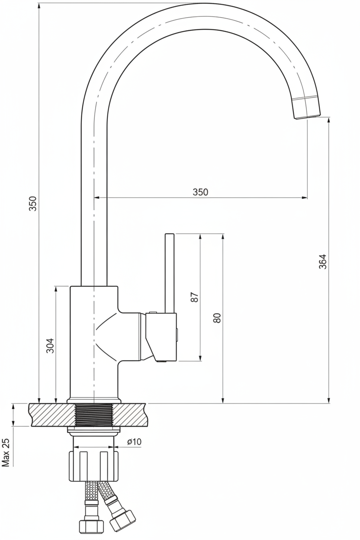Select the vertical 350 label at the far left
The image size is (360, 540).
[x=32, y=203]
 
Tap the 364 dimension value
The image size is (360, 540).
[x=322, y=261]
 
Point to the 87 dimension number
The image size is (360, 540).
[x=194, y=297]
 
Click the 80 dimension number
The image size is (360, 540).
[x=217, y=318]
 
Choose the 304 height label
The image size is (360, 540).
[x=50, y=346]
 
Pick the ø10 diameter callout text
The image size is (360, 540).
[x=135, y=441]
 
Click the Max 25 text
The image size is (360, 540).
[x=6, y=453]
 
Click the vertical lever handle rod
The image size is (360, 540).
[x=170, y=273]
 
